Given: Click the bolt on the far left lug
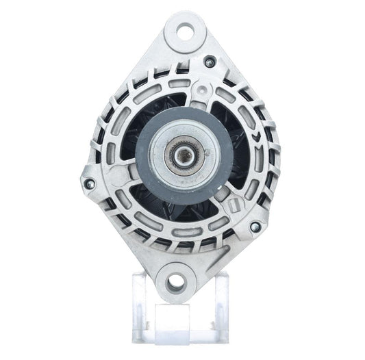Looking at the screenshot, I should pyautogui.click(x=87, y=183).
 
